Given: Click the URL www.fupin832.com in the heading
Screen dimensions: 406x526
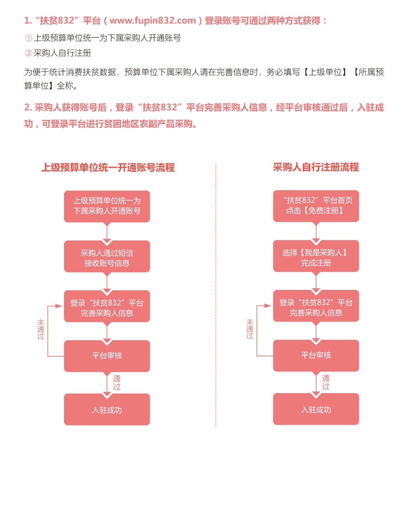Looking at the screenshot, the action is point(152,20).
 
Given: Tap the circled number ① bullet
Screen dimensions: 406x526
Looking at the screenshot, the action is point(29,38).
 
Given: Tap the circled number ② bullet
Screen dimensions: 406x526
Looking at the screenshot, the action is point(29,53).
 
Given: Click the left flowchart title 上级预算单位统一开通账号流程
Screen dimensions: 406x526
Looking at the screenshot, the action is point(108,167).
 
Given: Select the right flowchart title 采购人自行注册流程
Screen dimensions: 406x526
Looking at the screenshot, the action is point(316,167).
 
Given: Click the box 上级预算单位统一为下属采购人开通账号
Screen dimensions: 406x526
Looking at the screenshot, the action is point(107,206).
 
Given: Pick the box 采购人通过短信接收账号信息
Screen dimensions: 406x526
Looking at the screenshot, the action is point(107,256).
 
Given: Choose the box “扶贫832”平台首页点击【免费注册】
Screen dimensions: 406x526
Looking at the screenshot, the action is point(316,206).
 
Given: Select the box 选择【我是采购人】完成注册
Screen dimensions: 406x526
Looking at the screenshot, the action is point(316,255).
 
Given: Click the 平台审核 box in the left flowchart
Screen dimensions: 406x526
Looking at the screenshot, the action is point(107,356).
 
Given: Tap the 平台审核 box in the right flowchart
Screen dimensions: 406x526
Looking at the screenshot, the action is point(316,355).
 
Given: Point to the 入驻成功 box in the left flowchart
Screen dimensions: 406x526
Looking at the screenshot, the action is point(107,409).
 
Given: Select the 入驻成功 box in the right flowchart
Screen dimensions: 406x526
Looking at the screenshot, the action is point(316,409).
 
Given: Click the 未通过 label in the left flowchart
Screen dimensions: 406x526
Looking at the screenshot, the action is point(41,329).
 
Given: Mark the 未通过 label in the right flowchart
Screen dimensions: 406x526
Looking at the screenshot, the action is point(250,329).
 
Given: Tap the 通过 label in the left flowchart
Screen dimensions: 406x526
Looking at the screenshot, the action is point(117,383).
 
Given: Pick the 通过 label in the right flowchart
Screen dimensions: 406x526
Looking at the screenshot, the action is point(325,382).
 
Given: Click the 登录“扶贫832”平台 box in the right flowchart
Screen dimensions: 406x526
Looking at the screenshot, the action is point(316,306).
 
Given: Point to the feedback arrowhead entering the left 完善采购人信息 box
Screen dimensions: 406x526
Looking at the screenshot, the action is point(59,306).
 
